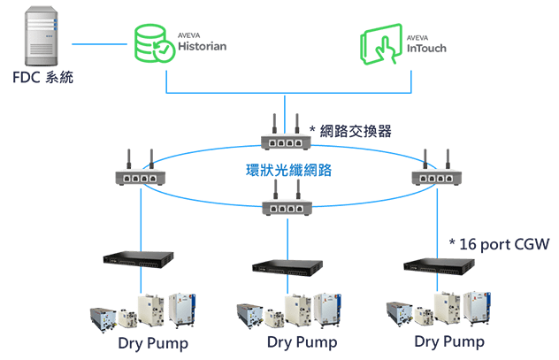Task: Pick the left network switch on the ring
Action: (x=140, y=174)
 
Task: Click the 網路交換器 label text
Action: (x=350, y=131)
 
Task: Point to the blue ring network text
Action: (x=287, y=171)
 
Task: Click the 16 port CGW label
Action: (x=500, y=242)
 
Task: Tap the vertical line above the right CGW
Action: (x=440, y=221)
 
